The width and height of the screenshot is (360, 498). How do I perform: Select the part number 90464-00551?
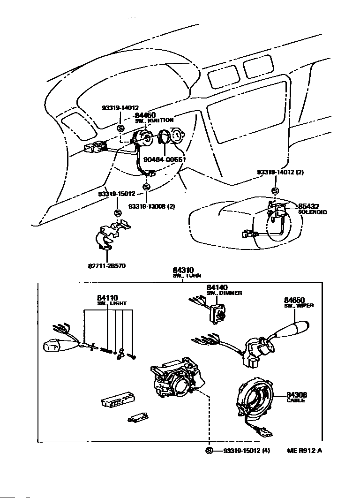click(165, 159)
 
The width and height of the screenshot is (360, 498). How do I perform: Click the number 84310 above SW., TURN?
click(182, 270)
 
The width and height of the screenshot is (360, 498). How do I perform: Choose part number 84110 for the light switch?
click(107, 298)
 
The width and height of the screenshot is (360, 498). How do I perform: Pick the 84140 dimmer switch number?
click(217, 287)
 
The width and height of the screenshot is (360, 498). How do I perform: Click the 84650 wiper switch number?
click(294, 300)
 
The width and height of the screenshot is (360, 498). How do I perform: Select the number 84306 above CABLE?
click(297, 395)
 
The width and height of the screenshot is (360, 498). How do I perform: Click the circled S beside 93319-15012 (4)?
click(209, 451)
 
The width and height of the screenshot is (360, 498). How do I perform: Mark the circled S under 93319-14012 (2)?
click(275, 191)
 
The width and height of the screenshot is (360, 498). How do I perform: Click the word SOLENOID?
click(313, 212)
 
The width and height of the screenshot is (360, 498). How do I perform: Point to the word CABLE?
click(296, 400)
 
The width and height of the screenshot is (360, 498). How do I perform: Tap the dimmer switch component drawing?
click(217, 312)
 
